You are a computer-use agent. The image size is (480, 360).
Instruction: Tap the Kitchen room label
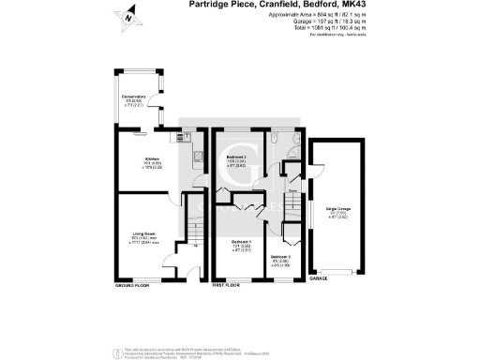click(x=151, y=159)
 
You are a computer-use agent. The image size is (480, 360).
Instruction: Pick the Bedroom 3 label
click(x=282, y=258)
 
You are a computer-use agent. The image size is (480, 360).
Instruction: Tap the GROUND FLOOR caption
click(x=132, y=283)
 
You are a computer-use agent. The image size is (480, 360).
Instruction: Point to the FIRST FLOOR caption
click(x=230, y=283)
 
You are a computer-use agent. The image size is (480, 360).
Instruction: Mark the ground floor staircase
click(x=194, y=232)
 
